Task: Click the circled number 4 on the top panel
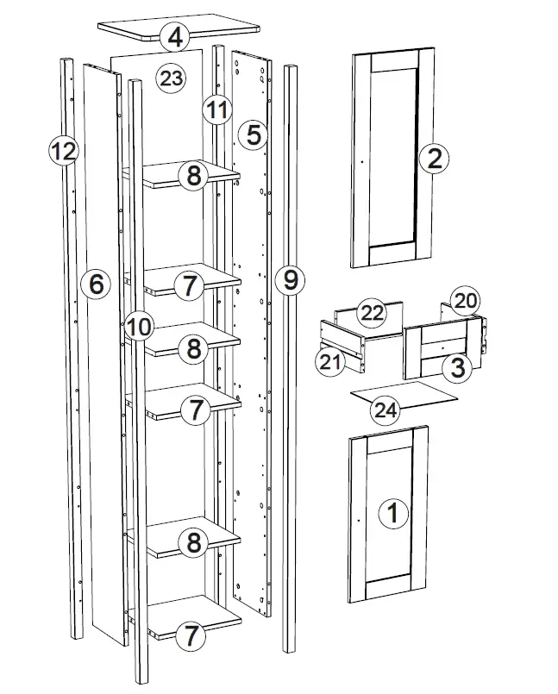click(x=176, y=37)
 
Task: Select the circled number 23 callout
click(x=171, y=79)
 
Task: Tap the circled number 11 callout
click(x=216, y=109)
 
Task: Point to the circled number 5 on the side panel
click(x=253, y=134)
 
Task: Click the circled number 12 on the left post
click(x=62, y=152)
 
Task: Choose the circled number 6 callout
click(x=97, y=283)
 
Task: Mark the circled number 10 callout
click(x=138, y=326)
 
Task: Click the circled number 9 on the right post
click(x=290, y=279)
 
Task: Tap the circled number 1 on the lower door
click(x=394, y=514)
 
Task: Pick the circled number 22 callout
click(x=371, y=314)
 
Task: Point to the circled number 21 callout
click(x=330, y=363)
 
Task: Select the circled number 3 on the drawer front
click(x=457, y=368)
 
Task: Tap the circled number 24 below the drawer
click(x=386, y=410)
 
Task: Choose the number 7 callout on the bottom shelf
click(x=191, y=637)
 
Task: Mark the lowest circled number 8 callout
click(x=193, y=542)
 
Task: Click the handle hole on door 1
click(x=357, y=520)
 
